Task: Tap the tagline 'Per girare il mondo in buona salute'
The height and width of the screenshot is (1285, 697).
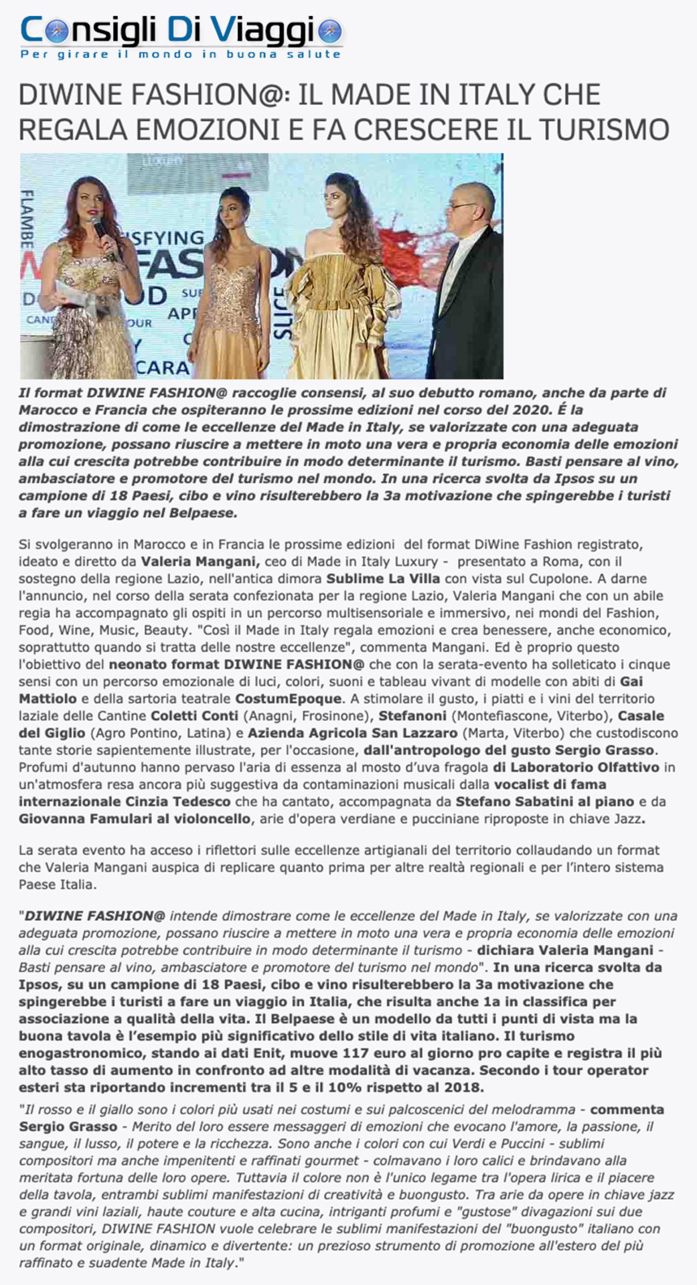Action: [x=181, y=54]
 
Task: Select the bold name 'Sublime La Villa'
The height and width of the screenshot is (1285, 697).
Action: [x=383, y=578]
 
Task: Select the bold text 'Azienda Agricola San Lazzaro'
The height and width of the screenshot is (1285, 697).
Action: [x=352, y=733]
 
